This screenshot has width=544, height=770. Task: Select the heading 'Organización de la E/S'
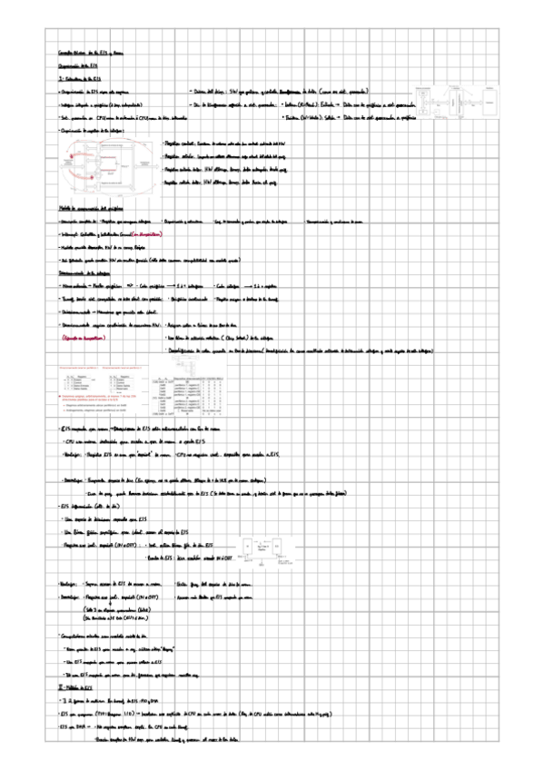73,68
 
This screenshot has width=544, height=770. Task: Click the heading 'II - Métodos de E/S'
72,689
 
